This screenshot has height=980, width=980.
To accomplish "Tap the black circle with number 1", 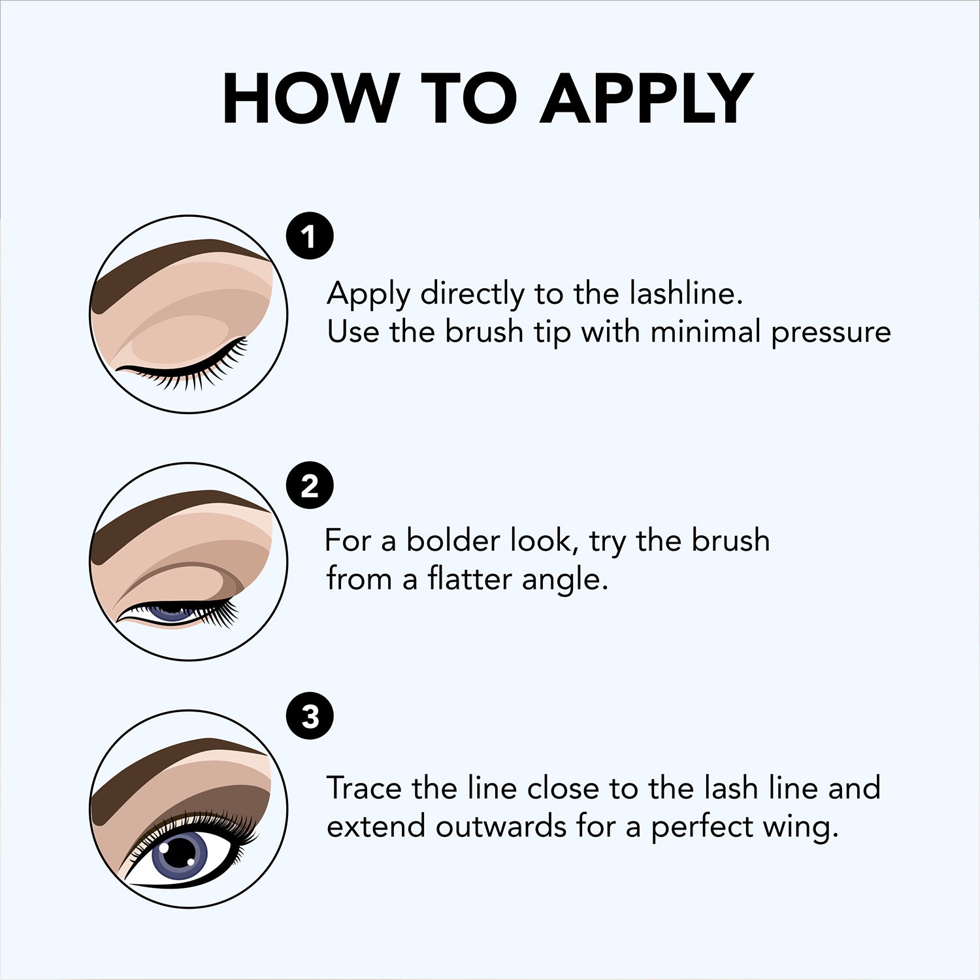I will pos(310,236).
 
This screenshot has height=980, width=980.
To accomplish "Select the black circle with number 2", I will pos(310,485).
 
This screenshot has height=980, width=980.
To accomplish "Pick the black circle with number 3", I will pos(310,716).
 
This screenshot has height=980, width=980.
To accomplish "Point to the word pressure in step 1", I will pos(830,333).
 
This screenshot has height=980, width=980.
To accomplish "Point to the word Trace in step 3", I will pos(364,788).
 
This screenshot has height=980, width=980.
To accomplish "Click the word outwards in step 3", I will pos(501,827).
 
